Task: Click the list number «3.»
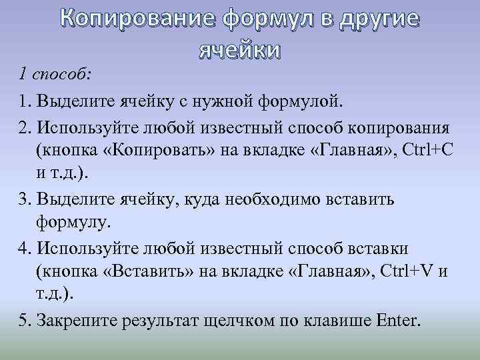pos(25,199)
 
